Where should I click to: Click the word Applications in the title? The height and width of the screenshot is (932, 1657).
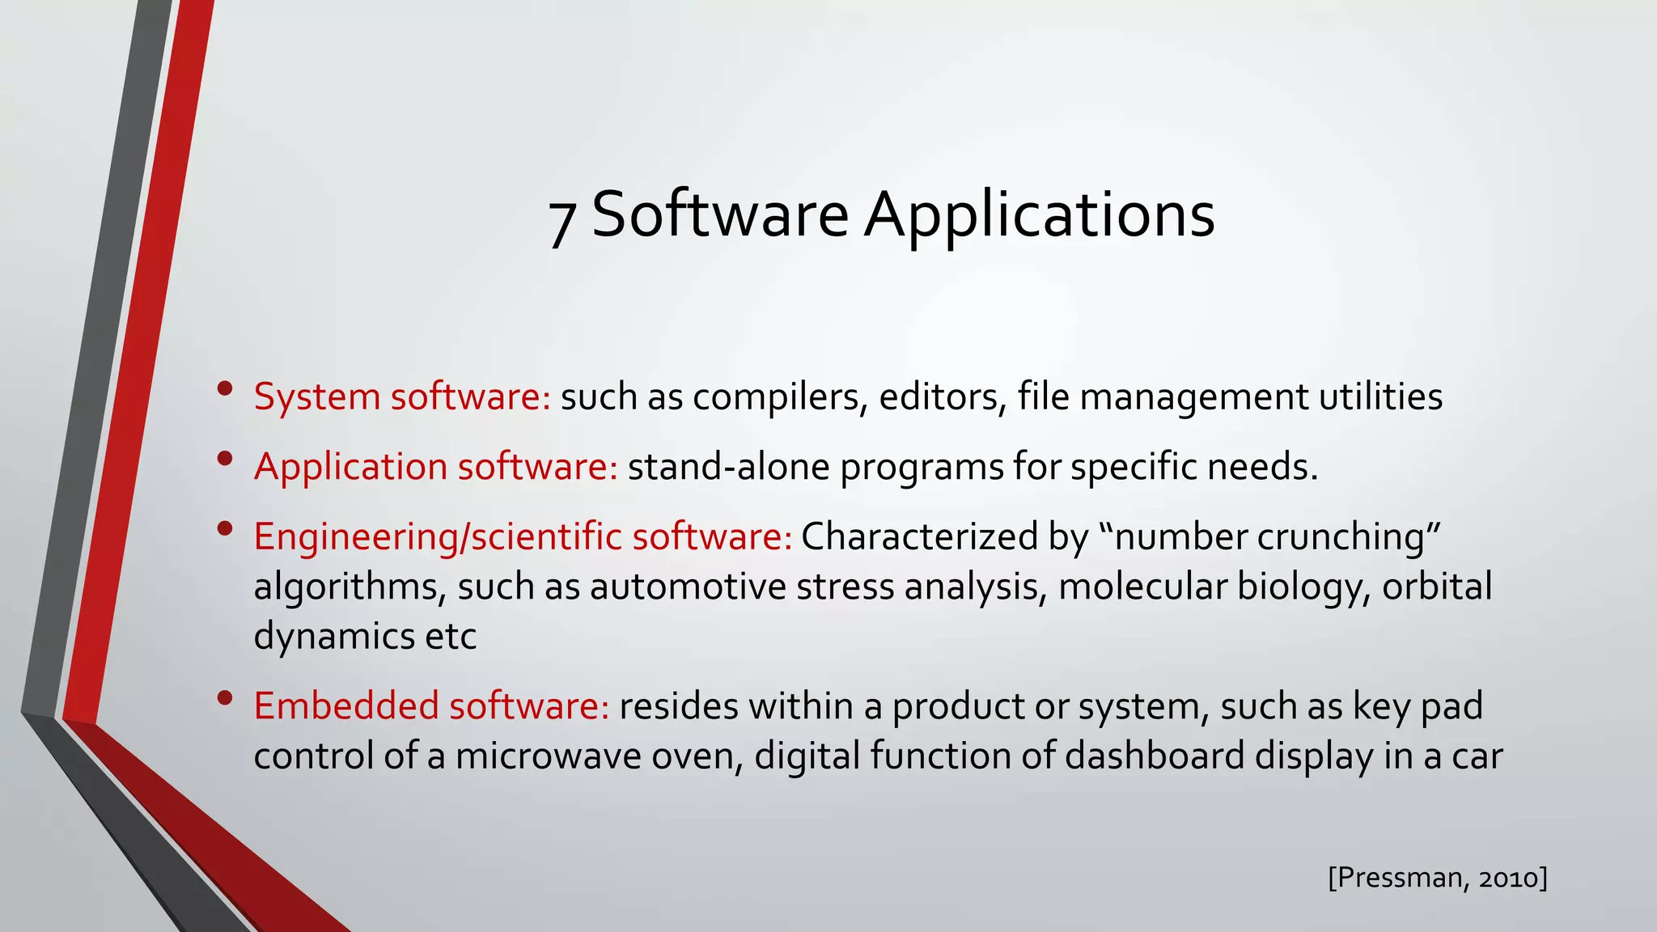1039,216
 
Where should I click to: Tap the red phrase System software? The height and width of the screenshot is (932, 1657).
402,397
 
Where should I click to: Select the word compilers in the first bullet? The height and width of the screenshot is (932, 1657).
780,397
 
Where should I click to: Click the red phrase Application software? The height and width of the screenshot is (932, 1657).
436,467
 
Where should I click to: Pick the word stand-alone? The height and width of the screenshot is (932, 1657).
729,467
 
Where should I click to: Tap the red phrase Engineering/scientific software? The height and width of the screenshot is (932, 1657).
523,537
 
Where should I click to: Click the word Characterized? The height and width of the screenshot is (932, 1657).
919,537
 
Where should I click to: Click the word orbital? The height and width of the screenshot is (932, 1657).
1436,587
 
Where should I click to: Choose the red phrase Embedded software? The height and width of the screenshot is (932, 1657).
431,706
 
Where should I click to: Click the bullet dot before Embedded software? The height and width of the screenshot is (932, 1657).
225,697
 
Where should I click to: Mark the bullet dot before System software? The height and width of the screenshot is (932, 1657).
225,388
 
